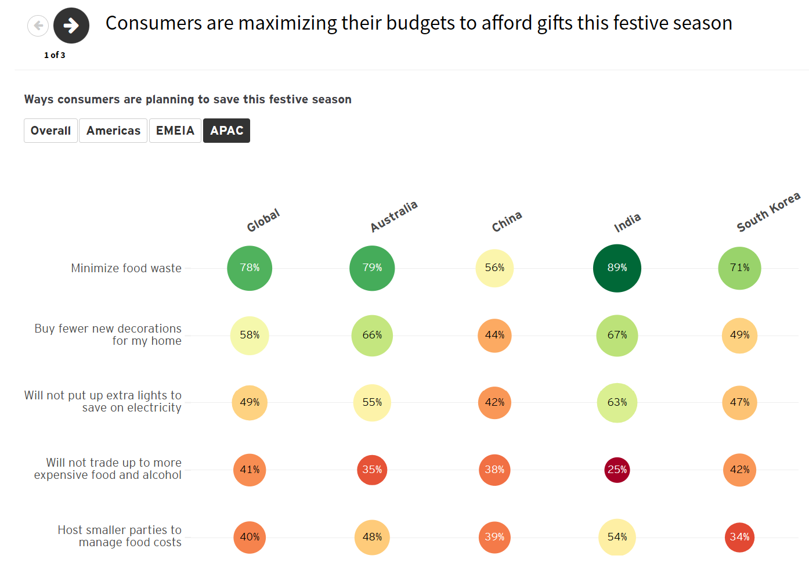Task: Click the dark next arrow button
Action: [x=71, y=26]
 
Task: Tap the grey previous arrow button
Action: [x=38, y=26]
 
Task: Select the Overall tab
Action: [x=50, y=131]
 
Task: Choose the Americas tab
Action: [x=113, y=131]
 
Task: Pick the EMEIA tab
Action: [x=175, y=131]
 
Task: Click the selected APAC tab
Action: [x=226, y=131]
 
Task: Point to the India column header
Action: [x=627, y=222]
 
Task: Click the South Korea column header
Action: [x=768, y=212]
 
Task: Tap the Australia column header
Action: [x=394, y=217]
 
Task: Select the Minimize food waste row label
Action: [x=126, y=268]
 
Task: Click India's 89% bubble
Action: [x=617, y=268]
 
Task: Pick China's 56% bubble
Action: [x=494, y=268]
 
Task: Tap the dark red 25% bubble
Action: [x=617, y=470]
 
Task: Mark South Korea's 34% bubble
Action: [x=739, y=537]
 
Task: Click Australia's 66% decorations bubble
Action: [x=372, y=336]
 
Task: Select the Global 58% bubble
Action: [x=250, y=336]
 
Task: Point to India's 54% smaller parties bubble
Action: [x=617, y=537]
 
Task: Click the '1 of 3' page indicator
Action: [x=55, y=55]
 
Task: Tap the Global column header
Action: [x=263, y=221]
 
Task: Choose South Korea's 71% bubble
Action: [x=739, y=268]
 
